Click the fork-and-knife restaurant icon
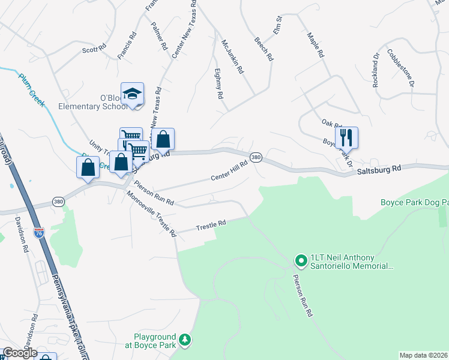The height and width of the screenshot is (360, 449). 347,137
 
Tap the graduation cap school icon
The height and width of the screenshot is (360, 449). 132,94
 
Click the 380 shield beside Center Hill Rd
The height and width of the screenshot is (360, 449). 256,157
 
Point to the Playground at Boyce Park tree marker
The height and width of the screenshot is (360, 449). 185,340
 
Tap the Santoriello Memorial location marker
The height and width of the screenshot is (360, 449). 300,260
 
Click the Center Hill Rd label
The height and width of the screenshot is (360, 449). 229,170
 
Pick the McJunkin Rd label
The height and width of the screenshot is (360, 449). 232,56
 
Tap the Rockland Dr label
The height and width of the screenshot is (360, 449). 376,71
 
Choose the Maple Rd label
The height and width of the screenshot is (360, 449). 316,45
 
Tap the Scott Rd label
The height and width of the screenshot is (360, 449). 94,49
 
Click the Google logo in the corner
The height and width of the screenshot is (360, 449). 20,353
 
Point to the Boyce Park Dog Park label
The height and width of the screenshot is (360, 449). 414,203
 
